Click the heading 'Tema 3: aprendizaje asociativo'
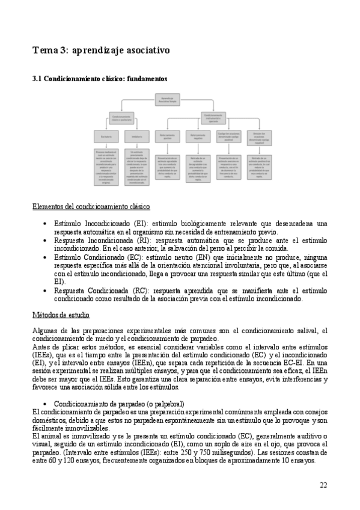[100, 50]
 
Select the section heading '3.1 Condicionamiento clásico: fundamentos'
[99, 79]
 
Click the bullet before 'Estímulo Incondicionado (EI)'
[46, 224]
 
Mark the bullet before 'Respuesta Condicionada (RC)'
[46, 291]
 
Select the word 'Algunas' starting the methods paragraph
[45, 331]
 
